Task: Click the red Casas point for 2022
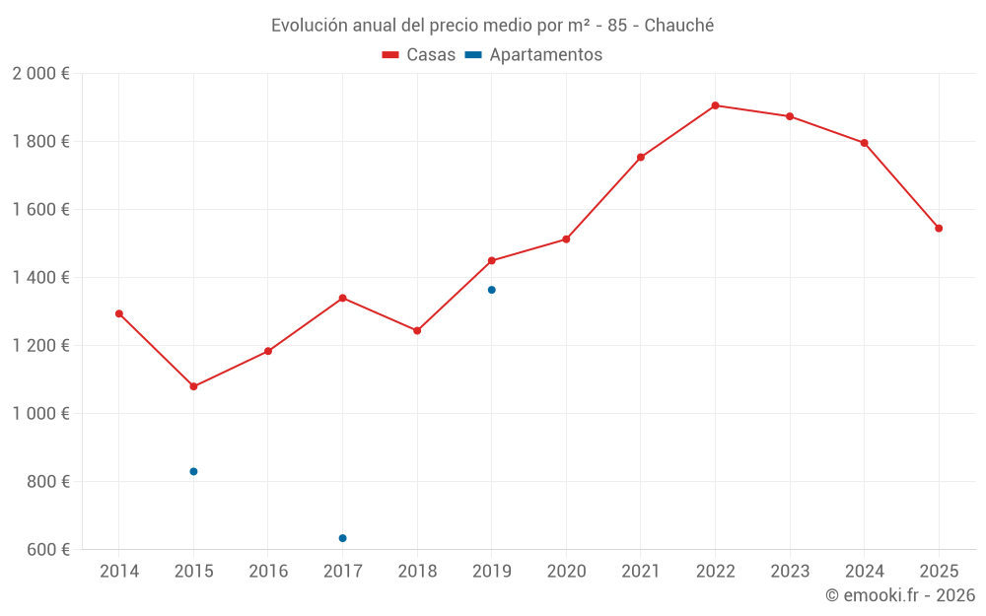[715, 105]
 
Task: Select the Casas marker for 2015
[193, 386]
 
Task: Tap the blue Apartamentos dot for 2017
[343, 538]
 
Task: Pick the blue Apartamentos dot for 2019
[492, 290]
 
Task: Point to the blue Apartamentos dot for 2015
[193, 471]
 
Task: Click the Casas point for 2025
[939, 229]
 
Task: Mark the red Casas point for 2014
[119, 313]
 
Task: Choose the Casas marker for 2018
[417, 330]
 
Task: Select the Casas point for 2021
[641, 157]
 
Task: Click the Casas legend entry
[419, 54]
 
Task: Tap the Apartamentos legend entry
[533, 54]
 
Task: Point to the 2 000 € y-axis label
[40, 74]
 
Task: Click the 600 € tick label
[48, 549]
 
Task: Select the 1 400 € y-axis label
[40, 277]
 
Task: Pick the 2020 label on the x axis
[567, 571]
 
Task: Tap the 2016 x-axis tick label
[268, 571]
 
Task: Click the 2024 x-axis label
[865, 571]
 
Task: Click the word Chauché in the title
[679, 26]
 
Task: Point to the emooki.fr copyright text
[900, 594]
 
